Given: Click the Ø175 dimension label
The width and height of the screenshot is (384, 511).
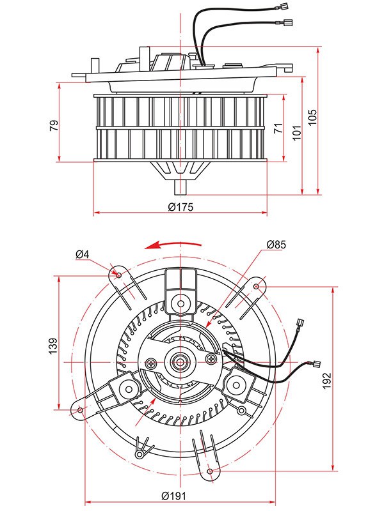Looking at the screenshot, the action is [180, 207].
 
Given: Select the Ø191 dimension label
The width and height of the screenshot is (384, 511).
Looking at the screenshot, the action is [173, 496].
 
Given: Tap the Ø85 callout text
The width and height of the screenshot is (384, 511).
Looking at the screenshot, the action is [276, 245].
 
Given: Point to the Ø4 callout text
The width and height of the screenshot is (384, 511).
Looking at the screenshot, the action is [83, 254].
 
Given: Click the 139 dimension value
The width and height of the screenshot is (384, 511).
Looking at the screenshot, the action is [53, 346].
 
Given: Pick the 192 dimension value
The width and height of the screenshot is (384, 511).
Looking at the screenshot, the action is [327, 381].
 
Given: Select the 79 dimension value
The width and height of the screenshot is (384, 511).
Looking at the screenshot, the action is [54, 125].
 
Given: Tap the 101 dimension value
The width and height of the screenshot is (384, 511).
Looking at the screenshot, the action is [296, 133].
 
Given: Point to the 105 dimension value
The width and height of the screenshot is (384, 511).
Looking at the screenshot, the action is [312, 117].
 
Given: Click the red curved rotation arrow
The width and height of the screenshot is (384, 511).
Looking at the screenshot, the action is [173, 245].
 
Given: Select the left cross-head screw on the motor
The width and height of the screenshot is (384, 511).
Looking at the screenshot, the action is [151, 363].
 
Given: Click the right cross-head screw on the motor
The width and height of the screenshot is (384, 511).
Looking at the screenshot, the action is [211, 359].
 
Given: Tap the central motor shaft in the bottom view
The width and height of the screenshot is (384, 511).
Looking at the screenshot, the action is [180, 362].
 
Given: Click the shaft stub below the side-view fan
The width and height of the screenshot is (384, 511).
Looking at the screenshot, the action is [180, 187].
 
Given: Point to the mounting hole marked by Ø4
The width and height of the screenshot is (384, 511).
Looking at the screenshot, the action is [119, 275].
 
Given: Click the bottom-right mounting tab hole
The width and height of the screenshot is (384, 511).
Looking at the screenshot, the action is [211, 471].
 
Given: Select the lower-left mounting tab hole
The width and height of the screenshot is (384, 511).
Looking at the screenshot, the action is [80, 409].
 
